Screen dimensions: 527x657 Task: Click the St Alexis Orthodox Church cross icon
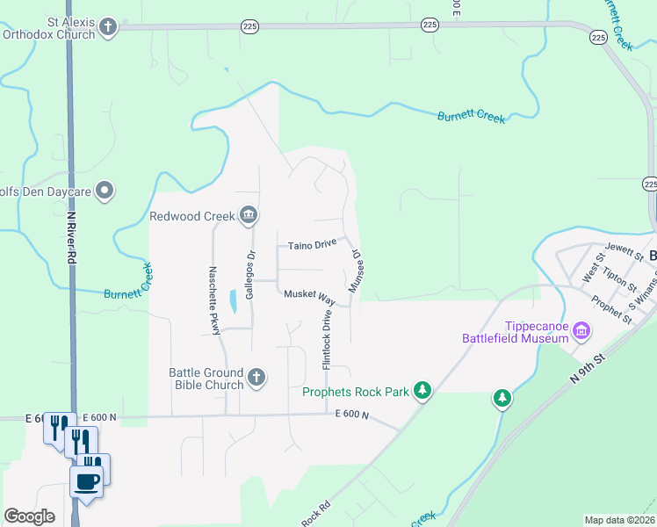(x=108, y=26)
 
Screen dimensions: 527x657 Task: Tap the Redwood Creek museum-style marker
(x=249, y=215)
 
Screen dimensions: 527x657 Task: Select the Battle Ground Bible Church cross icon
(x=256, y=378)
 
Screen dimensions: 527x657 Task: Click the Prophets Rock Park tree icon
(x=422, y=390)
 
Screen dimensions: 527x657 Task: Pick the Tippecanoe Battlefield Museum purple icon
(x=581, y=331)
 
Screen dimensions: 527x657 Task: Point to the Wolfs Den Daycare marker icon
(x=105, y=190)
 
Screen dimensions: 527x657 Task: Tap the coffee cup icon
(x=87, y=480)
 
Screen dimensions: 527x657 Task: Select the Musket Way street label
(x=309, y=296)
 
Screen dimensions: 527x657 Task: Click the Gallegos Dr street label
(x=249, y=275)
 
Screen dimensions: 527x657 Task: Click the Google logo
(x=29, y=516)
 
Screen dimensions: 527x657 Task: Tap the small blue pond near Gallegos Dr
(x=232, y=302)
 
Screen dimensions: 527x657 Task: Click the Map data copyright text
(x=618, y=520)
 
